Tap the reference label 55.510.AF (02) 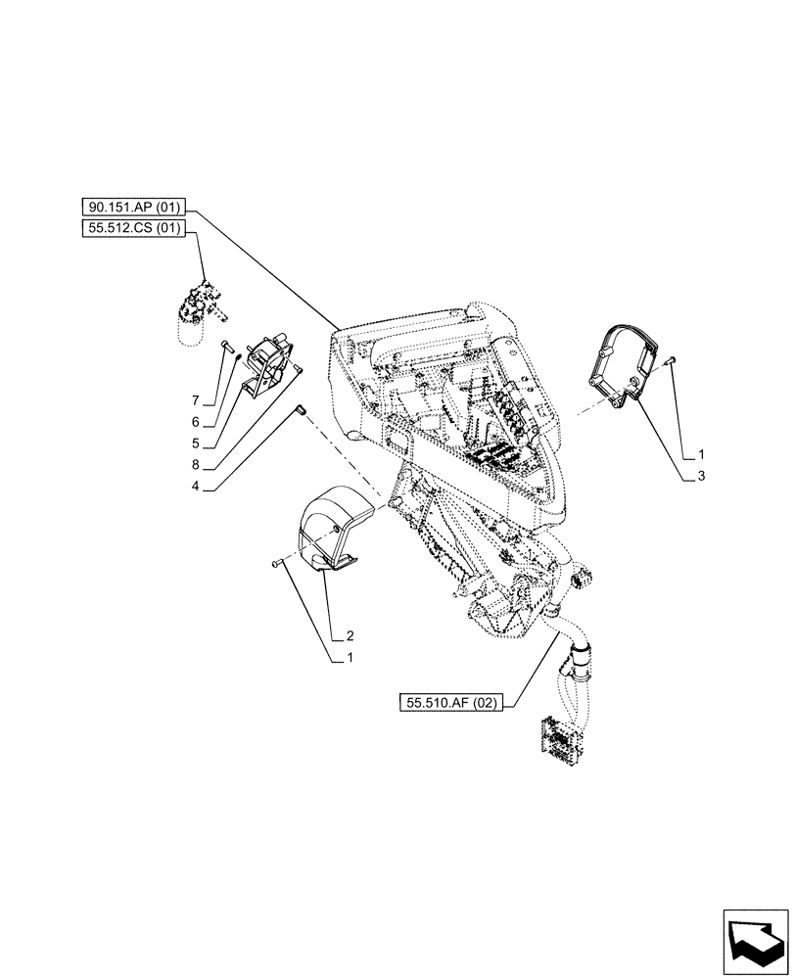tap(450, 701)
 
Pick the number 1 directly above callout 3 tap(702, 454)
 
